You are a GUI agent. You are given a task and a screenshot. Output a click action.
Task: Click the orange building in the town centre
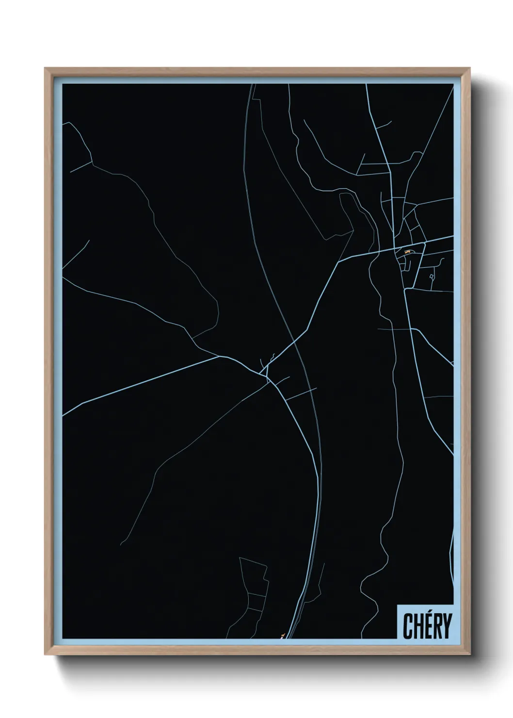click(x=407, y=252)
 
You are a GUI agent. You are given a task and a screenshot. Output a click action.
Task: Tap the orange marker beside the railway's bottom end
click(x=282, y=634)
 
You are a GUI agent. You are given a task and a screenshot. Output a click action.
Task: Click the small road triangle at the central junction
click(x=266, y=376)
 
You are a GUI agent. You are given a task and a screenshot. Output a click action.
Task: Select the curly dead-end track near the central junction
click(x=273, y=357)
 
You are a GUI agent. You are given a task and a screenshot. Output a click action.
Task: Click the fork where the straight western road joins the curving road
click(x=221, y=357)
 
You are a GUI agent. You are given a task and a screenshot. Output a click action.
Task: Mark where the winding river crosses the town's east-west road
click(x=374, y=253)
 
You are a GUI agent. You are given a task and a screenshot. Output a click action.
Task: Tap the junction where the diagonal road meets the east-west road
click(x=339, y=261)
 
